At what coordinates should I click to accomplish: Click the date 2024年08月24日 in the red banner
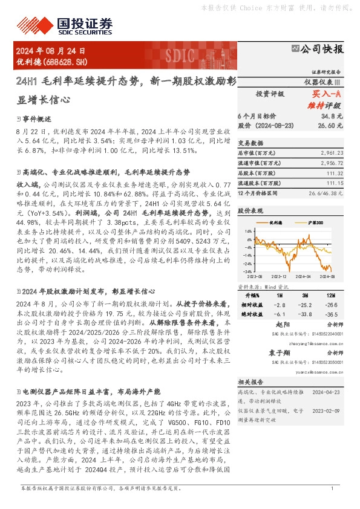(51, 52)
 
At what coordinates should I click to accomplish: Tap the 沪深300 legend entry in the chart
(309, 222)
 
